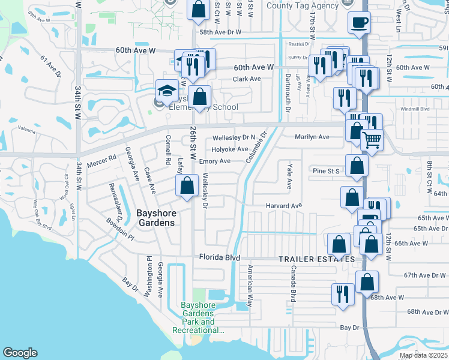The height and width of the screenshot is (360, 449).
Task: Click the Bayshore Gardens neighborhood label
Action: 155,217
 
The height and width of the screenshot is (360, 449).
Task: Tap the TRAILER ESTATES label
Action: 316,259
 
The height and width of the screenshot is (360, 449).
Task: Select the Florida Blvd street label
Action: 220,258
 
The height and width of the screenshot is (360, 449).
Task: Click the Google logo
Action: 20,353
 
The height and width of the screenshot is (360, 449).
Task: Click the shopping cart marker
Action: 372,140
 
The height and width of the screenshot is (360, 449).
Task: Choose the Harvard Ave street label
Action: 284,206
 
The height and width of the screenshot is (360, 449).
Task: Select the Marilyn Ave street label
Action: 312,137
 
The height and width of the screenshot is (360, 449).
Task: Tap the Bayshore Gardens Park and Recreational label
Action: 198,317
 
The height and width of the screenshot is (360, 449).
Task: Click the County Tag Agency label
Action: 294,5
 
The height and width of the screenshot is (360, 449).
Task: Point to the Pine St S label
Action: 327,171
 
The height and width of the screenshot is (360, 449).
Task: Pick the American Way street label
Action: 249,283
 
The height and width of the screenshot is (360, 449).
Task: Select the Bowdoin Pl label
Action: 121,229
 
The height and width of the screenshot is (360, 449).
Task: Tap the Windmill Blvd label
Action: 415,109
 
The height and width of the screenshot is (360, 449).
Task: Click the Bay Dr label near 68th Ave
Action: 349,328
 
